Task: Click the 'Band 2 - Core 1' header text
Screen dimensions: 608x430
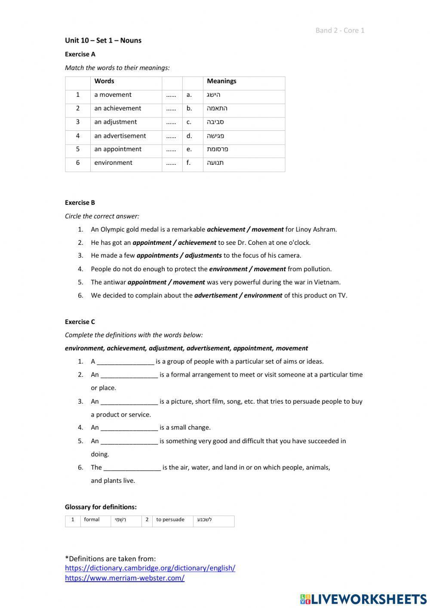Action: (340, 30)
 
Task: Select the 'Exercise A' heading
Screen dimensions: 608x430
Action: (80, 54)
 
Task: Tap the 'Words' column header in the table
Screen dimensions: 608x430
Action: (104, 81)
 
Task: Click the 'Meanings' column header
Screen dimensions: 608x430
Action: (221, 81)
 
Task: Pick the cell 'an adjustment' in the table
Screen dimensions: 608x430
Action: (115, 122)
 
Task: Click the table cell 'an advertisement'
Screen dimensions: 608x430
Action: (120, 136)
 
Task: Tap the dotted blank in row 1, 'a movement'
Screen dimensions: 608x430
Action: (171, 95)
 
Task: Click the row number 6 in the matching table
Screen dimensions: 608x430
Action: (78, 163)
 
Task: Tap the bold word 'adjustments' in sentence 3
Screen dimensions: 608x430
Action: (203, 256)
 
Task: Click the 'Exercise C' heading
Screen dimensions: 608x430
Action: (80, 322)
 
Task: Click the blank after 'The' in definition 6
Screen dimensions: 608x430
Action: (132, 468)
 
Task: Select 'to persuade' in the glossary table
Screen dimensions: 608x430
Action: (170, 519)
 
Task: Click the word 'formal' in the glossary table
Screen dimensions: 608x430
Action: (92, 519)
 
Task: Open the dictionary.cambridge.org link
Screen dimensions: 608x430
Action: (150, 568)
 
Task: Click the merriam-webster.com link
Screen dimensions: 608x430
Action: (125, 578)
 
